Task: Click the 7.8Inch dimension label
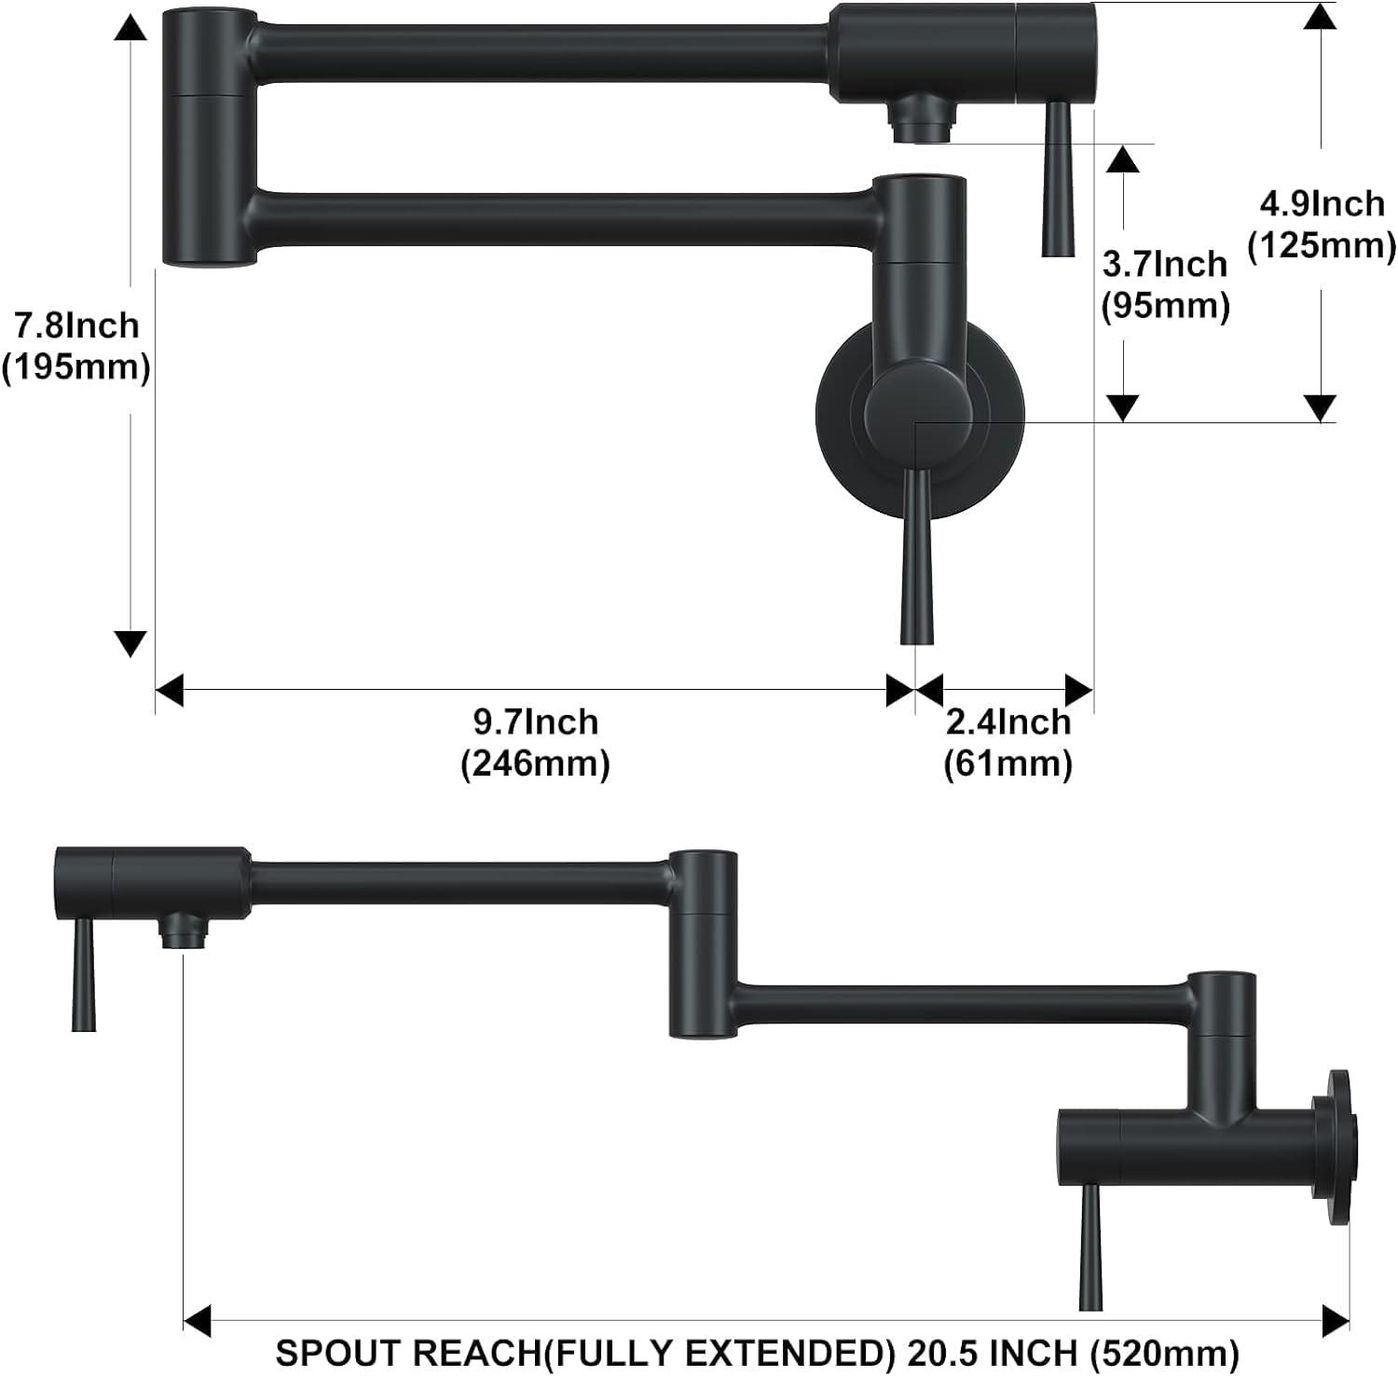(75, 325)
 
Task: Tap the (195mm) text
(75, 367)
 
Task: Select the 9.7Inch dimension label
(535, 722)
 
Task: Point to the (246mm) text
(535, 764)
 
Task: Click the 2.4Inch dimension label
(1007, 722)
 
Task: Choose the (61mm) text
(1007, 764)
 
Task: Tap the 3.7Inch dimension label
(1164, 264)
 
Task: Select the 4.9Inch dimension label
(1322, 202)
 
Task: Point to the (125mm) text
(1322, 245)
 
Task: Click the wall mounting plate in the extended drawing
(1342, 1146)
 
